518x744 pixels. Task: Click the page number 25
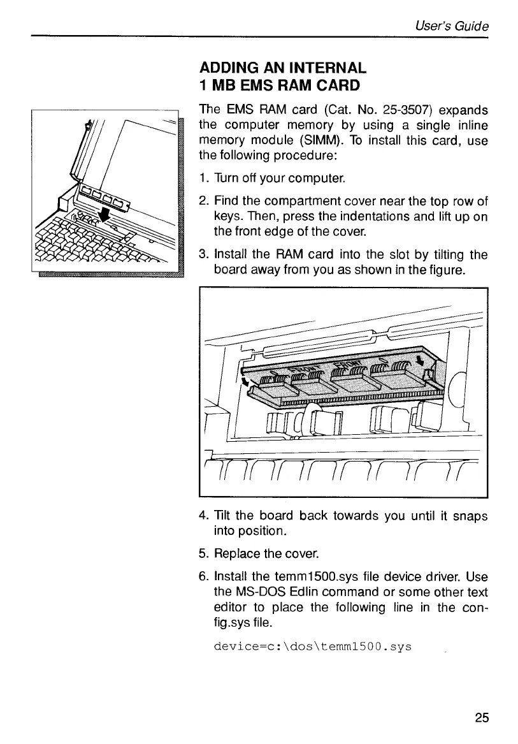pos(482,717)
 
